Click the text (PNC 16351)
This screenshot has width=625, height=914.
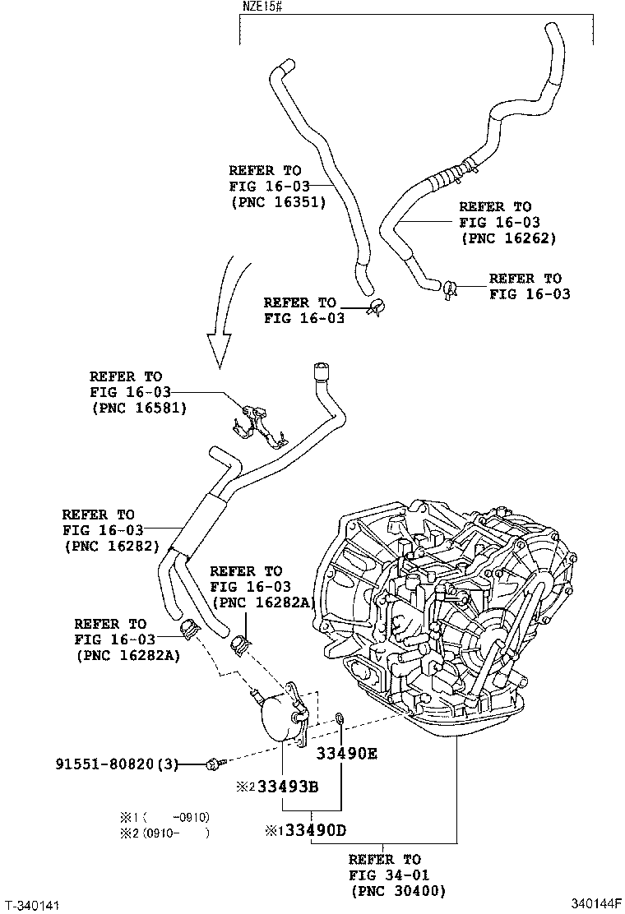pyautogui.click(x=278, y=202)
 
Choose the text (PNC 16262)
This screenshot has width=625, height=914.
pyautogui.click(x=508, y=238)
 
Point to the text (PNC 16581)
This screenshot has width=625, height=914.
pyautogui.click(x=138, y=408)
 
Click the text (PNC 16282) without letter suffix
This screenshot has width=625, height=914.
pyautogui.click(x=110, y=546)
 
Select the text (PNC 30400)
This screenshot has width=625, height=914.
pyautogui.click(x=398, y=891)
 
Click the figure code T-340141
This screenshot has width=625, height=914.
pyautogui.click(x=31, y=904)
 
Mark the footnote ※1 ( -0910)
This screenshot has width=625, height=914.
pyautogui.click(x=165, y=817)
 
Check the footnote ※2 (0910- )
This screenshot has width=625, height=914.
pyautogui.click(x=165, y=833)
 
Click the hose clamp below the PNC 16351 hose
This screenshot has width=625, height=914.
pyautogui.click(x=377, y=307)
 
